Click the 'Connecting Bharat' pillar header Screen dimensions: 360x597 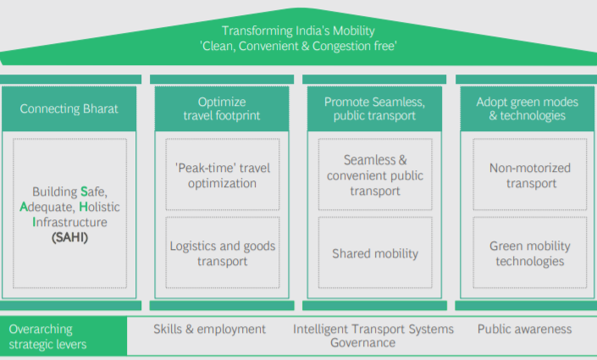tap(69, 108)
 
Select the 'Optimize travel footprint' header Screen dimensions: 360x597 tap(222, 108)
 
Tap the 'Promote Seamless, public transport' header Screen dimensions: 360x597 tap(373, 108)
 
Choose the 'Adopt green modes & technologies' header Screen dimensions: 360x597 tap(526, 108)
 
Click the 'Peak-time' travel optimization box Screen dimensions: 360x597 tap(222, 175)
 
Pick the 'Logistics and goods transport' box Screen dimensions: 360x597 tap(222, 253)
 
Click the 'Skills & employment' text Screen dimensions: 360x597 tap(210, 330)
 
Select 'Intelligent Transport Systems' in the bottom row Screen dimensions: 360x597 tap(373, 330)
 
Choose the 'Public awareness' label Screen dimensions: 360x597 tap(525, 330)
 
